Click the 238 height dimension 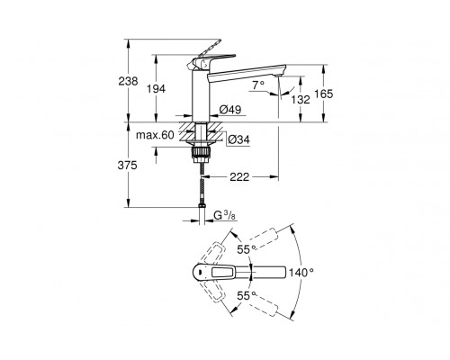[x=129, y=81]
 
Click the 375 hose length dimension [x=128, y=164]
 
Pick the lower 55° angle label [x=243, y=293]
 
